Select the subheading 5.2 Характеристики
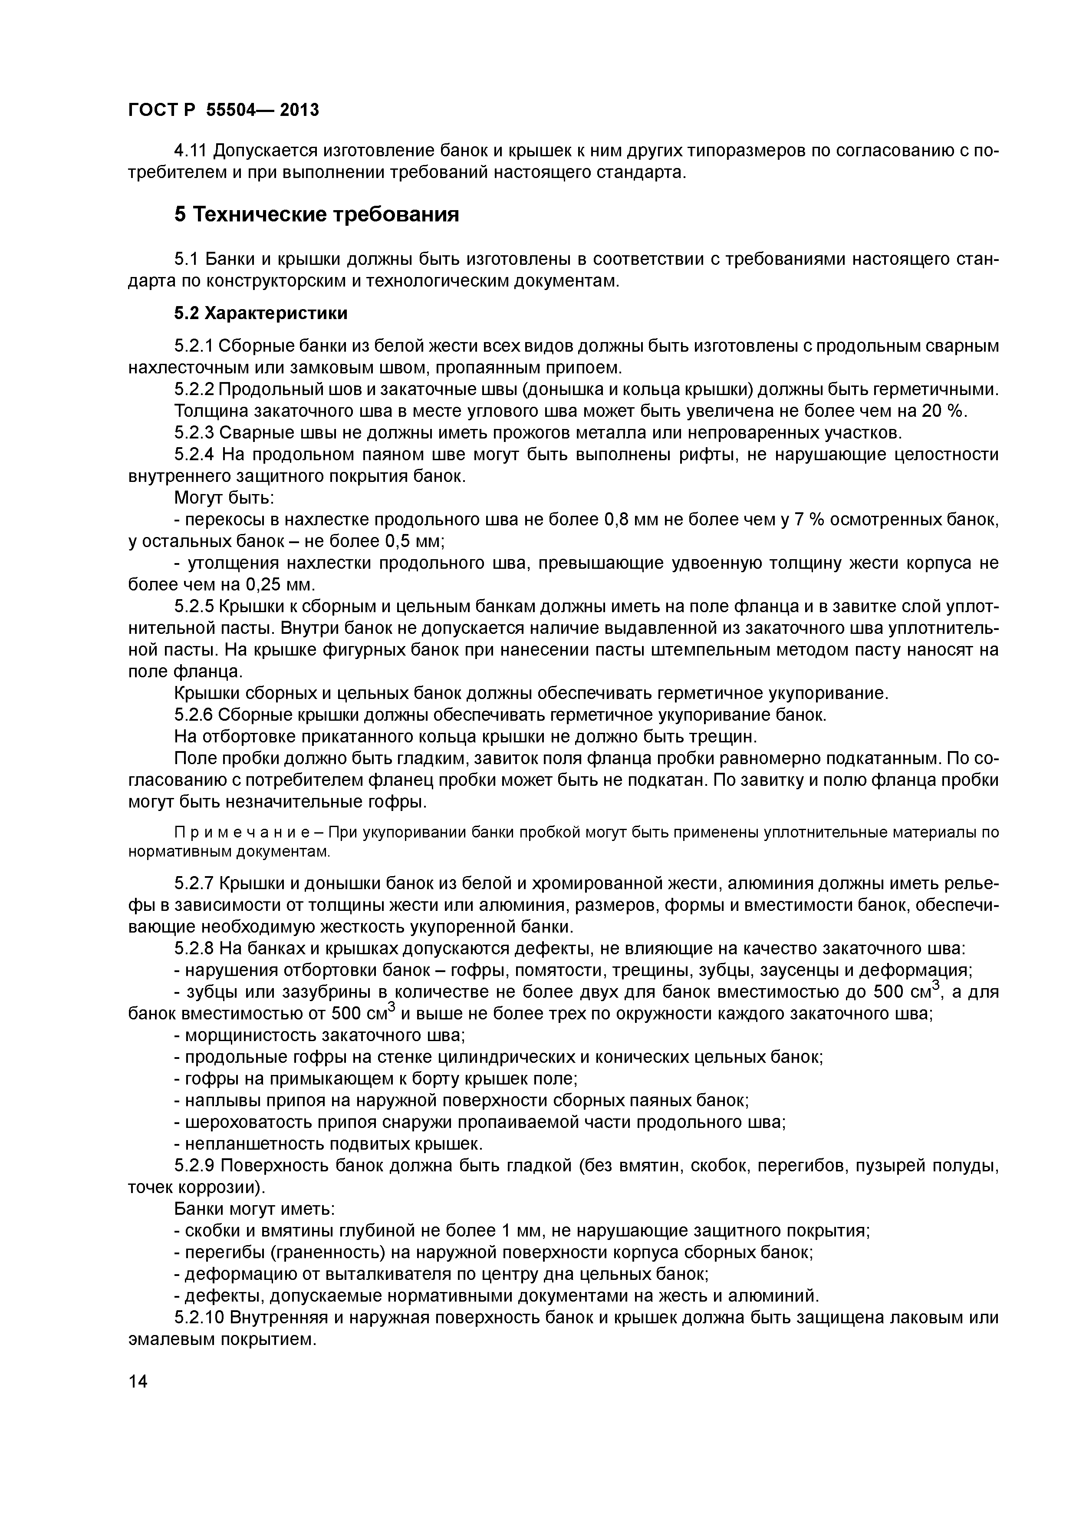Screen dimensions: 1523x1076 [x=260, y=313]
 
